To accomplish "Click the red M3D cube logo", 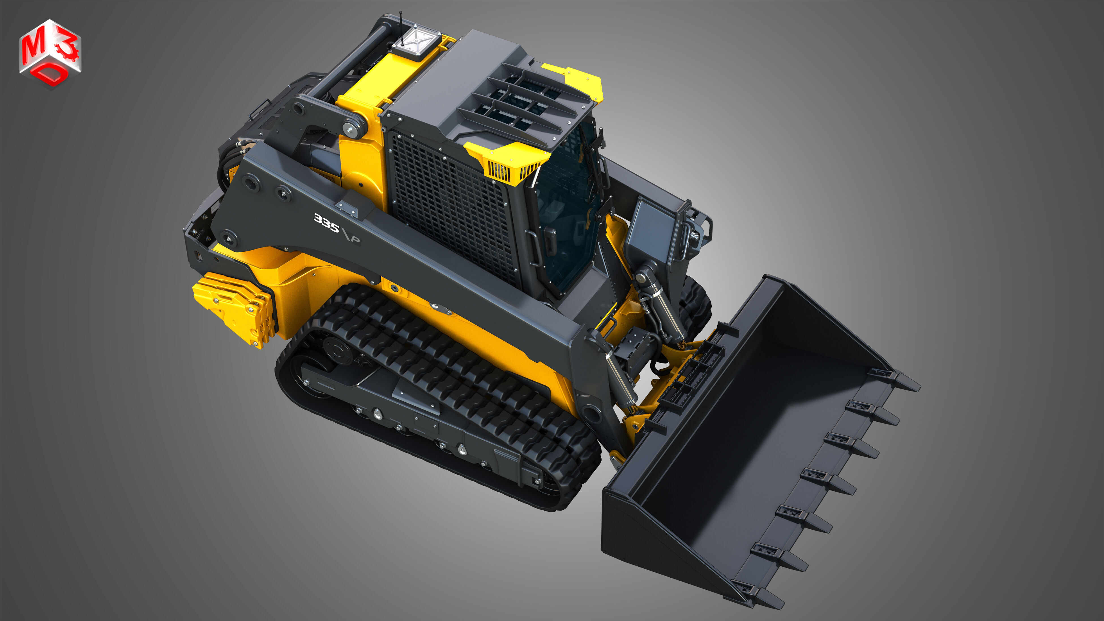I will tap(50, 54).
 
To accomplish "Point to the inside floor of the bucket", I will tap(771, 428).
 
